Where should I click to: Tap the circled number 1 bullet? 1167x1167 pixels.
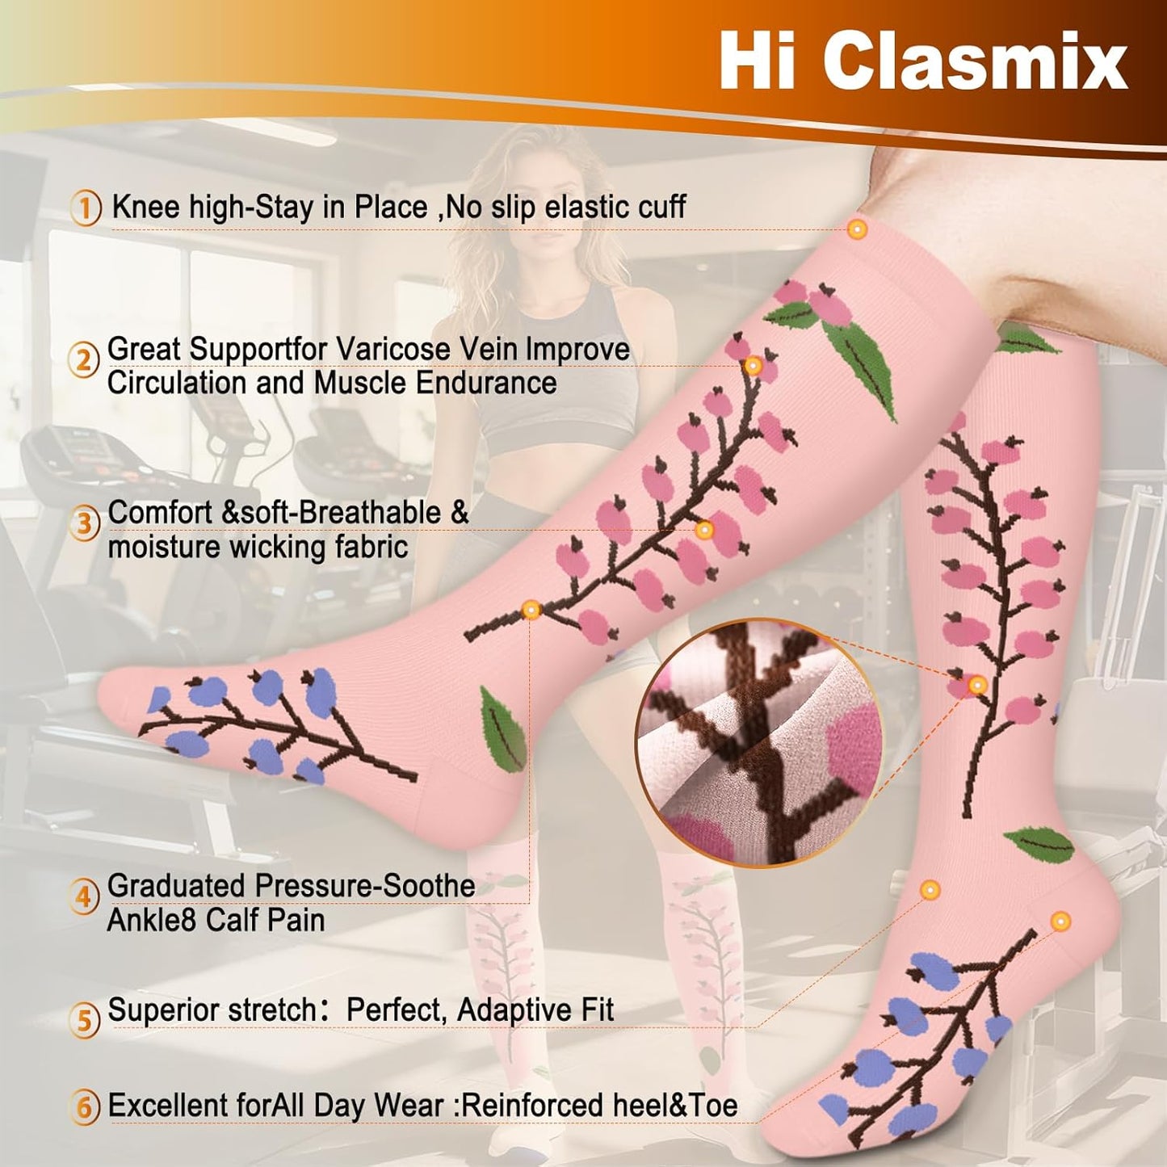click(86, 208)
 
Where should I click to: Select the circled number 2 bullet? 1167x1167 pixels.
click(86, 361)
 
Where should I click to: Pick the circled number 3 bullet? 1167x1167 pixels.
click(86, 523)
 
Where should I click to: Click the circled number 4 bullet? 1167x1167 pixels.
click(86, 897)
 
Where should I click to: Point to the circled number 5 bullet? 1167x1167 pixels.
click(86, 1021)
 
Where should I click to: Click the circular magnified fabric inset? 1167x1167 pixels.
click(762, 745)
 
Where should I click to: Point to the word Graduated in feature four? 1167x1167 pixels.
click(178, 886)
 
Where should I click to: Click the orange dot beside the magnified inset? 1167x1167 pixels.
click(977, 686)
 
